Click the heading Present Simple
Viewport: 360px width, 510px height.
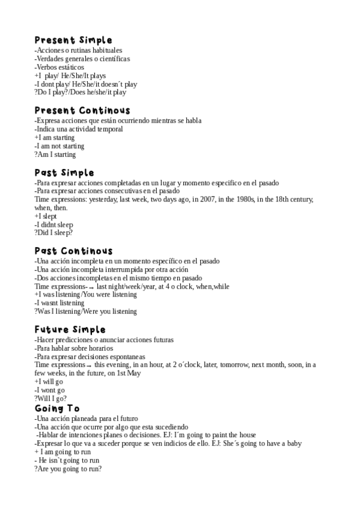click(x=73, y=40)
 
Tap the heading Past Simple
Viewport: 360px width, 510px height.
click(x=64, y=173)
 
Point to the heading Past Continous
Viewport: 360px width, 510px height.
click(x=73, y=251)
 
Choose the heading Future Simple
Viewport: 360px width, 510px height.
click(x=70, y=330)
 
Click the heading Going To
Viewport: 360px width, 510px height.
click(x=56, y=408)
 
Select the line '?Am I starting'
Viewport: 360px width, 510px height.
click(x=55, y=155)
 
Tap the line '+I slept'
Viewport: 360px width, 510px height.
click(x=45, y=216)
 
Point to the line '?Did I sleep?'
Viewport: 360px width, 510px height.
click(x=53, y=233)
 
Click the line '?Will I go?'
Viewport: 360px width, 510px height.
click(x=50, y=398)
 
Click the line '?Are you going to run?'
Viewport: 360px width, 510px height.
click(x=68, y=469)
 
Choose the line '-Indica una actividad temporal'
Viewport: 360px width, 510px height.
click(x=79, y=129)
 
